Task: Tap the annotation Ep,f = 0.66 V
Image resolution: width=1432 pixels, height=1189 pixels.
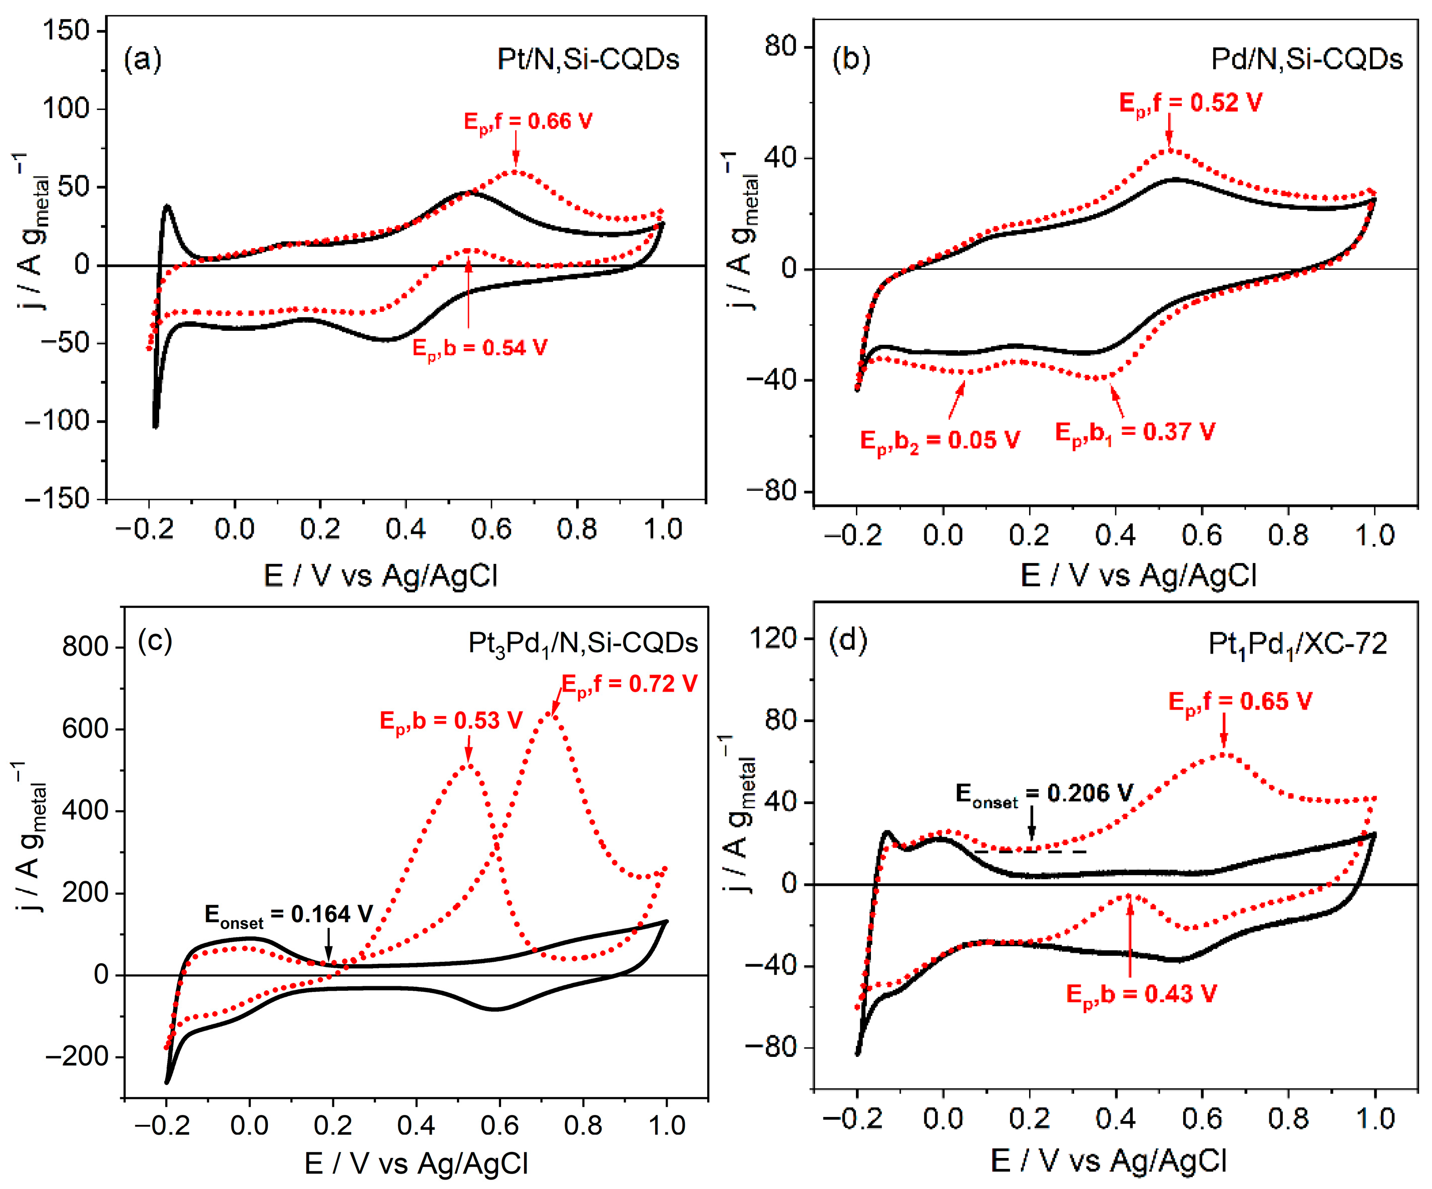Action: (x=528, y=122)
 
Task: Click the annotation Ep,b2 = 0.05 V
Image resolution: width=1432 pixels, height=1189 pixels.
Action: (x=939, y=440)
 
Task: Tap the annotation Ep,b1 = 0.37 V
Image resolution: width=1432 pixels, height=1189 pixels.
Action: (x=1135, y=432)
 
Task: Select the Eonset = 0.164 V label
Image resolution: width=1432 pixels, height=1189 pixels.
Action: (x=288, y=915)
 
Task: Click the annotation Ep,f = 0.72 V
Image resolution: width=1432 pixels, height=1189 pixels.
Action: (x=629, y=685)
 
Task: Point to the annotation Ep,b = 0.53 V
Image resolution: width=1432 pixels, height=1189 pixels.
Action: (x=451, y=721)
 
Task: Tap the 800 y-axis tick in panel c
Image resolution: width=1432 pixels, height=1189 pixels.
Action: (x=85, y=647)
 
